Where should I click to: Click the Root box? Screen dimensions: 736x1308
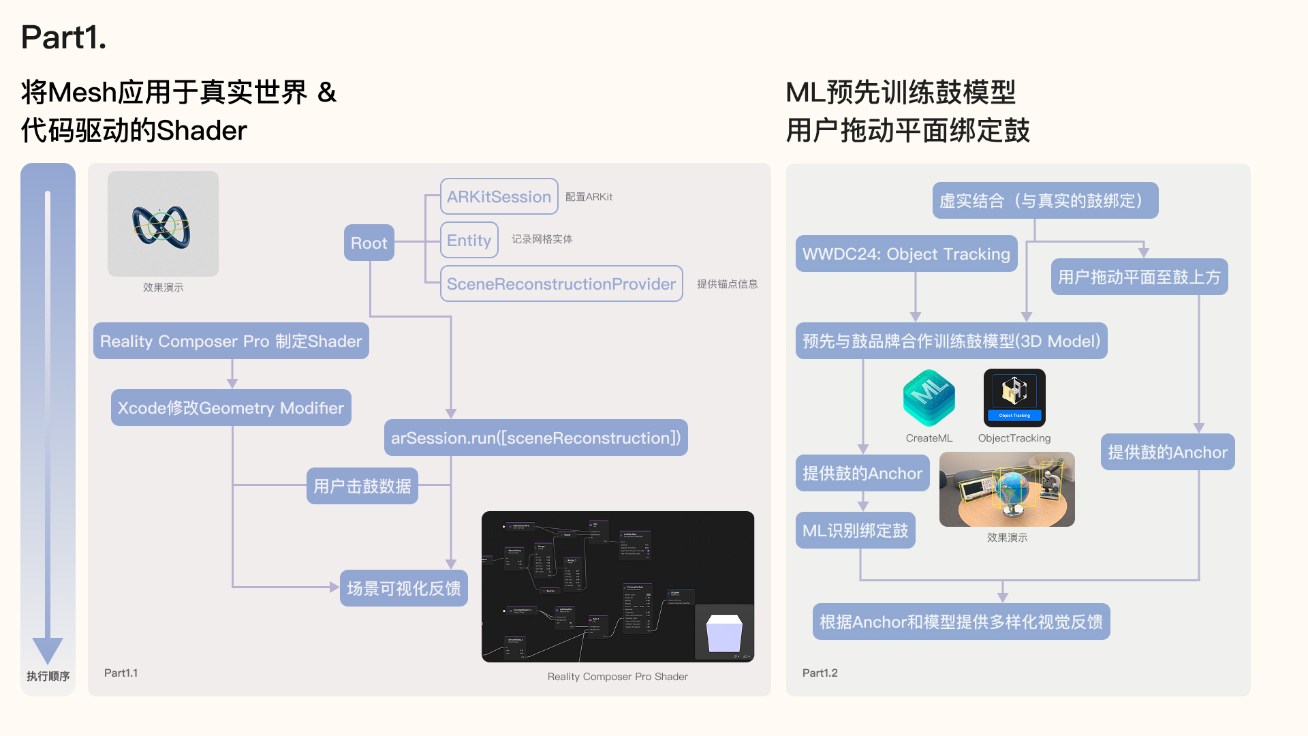tap(369, 243)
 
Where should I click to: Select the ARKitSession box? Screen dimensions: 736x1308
tap(499, 196)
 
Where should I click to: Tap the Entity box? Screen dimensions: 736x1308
tap(469, 240)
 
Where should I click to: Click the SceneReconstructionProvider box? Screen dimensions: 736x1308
tap(561, 283)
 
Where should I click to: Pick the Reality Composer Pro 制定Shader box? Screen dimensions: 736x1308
tap(231, 341)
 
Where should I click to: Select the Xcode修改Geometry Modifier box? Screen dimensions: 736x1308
tap(231, 408)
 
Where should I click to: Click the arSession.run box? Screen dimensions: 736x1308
tap(535, 438)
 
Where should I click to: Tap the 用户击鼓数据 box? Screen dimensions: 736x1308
tap(362, 486)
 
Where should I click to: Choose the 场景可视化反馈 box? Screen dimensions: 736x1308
tap(403, 588)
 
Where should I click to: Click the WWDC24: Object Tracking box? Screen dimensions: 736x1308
tap(906, 254)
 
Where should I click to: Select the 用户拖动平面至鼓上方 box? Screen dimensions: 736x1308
tap(1139, 277)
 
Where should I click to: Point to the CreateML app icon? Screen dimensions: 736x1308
tap(929, 398)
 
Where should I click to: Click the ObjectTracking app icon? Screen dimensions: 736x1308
tap(1014, 398)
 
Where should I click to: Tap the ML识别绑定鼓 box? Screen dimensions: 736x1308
tap(855, 530)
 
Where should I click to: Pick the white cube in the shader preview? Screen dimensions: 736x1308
tap(724, 633)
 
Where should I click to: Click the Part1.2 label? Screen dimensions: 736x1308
tap(820, 673)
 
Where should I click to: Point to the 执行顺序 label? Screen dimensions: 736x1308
tap(48, 676)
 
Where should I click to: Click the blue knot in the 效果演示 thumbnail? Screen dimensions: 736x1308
tap(161, 226)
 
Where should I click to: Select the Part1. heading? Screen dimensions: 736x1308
tap(63, 37)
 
